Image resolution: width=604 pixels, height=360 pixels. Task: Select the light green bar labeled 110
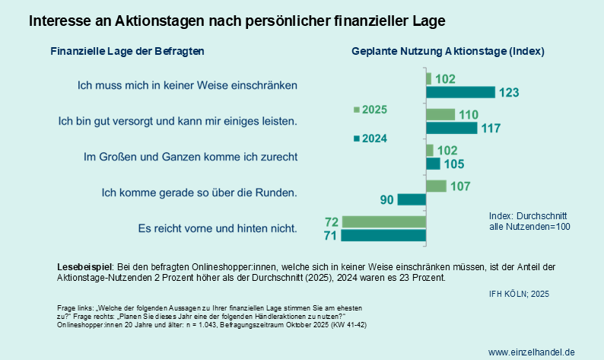point(440,114)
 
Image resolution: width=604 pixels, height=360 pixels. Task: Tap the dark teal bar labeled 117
point(451,128)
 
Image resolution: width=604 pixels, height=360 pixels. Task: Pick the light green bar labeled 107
point(436,186)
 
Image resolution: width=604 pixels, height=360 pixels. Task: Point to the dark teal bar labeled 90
point(412,199)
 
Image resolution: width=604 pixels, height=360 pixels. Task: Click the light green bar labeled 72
point(383,221)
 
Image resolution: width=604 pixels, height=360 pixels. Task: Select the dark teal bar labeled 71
point(383,235)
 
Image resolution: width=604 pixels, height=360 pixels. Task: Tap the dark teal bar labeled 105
point(433,164)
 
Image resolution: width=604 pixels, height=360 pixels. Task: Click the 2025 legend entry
point(371,110)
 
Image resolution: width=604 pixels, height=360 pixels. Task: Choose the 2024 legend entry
point(371,139)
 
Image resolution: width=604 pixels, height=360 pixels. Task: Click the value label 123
point(509,93)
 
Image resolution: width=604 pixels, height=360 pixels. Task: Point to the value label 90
point(386,199)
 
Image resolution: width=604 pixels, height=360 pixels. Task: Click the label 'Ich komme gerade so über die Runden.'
point(199,192)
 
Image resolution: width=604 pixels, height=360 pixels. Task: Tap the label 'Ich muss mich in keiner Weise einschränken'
point(187,85)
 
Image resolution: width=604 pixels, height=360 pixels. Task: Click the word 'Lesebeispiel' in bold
point(84,267)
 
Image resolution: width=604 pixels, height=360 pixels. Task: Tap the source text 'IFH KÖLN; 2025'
point(518,293)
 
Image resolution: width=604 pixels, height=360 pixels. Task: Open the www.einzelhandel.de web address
point(531,352)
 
